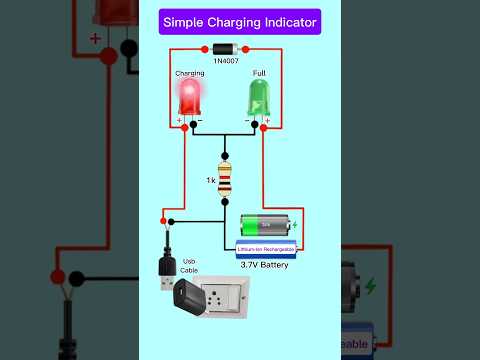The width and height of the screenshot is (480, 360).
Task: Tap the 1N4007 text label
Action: (x=225, y=63)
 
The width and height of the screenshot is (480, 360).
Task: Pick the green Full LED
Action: (x=259, y=97)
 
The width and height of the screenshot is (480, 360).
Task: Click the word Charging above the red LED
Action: (x=190, y=73)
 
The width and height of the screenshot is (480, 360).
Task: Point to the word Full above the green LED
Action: (x=259, y=73)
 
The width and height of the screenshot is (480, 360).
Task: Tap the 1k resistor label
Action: (x=211, y=180)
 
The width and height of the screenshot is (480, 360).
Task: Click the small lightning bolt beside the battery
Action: (x=292, y=223)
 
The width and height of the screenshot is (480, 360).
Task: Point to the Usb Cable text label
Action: (x=189, y=265)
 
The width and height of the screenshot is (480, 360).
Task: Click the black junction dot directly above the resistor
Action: (x=225, y=142)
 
